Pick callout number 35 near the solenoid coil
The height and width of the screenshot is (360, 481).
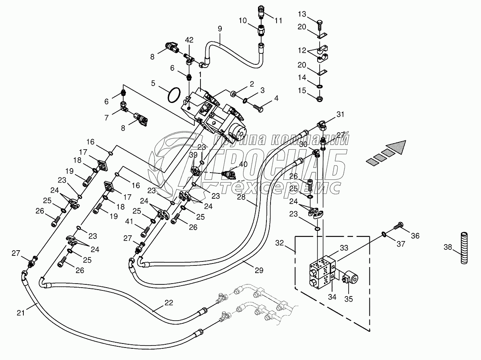click(348, 299)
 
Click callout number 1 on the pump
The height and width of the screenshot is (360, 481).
click(200, 75)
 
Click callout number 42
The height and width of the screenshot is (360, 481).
click(189, 40)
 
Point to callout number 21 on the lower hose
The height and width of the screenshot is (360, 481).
click(20, 312)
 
